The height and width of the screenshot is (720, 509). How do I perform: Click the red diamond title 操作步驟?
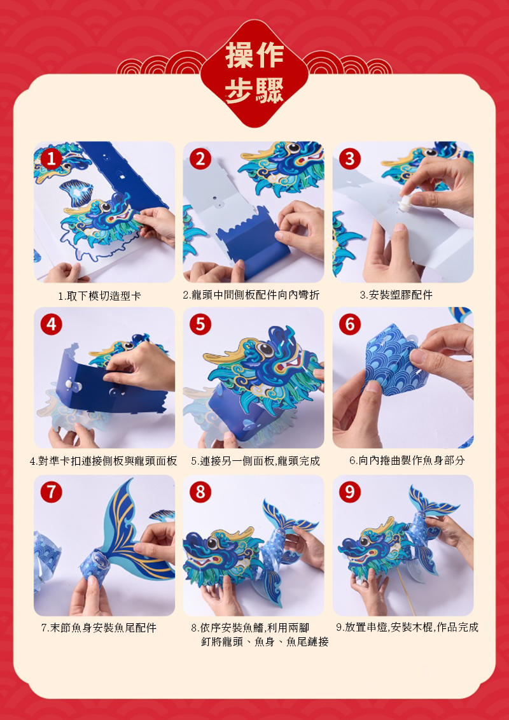tap(254, 74)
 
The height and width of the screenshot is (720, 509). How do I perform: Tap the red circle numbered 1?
tap(51, 159)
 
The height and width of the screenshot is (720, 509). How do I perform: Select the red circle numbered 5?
tap(200, 325)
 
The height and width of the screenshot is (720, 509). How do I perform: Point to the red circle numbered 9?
tap(350, 492)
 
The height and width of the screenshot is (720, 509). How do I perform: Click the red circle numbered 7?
tap(51, 492)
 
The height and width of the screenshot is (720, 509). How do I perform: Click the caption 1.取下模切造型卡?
tap(99, 297)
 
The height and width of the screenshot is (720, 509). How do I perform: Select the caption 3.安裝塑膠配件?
tap(396, 295)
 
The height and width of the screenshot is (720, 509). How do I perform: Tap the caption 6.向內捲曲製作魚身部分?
tap(407, 460)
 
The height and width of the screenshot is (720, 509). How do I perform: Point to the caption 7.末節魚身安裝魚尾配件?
tap(99, 628)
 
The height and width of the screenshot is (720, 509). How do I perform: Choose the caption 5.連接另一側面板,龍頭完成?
tap(255, 460)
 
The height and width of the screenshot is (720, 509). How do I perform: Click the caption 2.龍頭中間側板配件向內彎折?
tap(251, 295)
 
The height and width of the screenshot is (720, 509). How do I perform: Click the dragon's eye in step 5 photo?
tap(265, 349)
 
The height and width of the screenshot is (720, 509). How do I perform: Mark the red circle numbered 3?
tap(350, 159)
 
